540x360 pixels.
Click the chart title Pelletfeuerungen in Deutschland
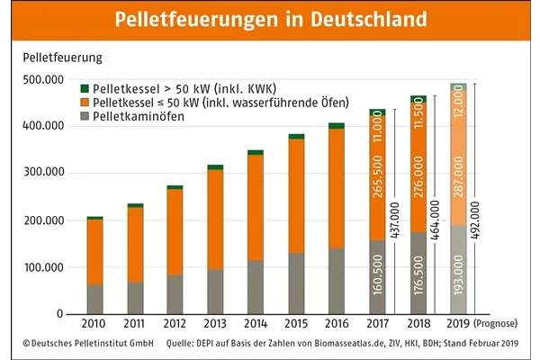click(x=270, y=19)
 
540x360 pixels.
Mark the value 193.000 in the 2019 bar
click(x=459, y=280)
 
